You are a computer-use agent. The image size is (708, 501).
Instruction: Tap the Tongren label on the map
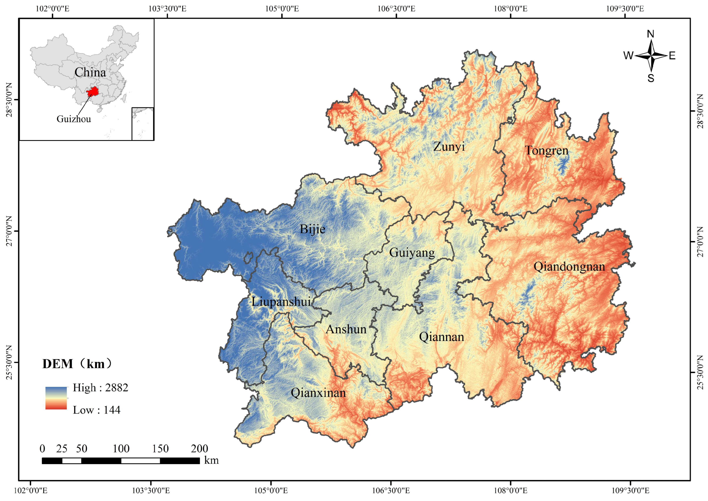click(x=547, y=151)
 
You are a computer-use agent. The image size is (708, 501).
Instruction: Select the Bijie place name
click(x=312, y=229)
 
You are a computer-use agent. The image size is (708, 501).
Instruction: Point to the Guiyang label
click(x=412, y=253)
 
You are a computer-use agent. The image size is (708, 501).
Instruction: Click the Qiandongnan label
click(x=569, y=267)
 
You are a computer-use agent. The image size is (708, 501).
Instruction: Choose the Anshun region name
click(x=346, y=330)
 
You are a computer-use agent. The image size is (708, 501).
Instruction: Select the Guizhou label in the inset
click(x=74, y=119)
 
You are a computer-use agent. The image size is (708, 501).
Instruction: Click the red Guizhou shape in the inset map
click(x=92, y=92)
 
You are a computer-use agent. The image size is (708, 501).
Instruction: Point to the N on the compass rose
click(x=650, y=34)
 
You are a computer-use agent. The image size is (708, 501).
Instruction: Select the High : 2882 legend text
click(x=100, y=388)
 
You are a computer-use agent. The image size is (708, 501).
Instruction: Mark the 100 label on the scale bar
click(x=121, y=449)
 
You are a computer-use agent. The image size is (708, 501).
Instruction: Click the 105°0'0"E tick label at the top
click(x=282, y=8)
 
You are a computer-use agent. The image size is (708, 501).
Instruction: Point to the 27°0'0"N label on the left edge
click(x=9, y=231)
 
